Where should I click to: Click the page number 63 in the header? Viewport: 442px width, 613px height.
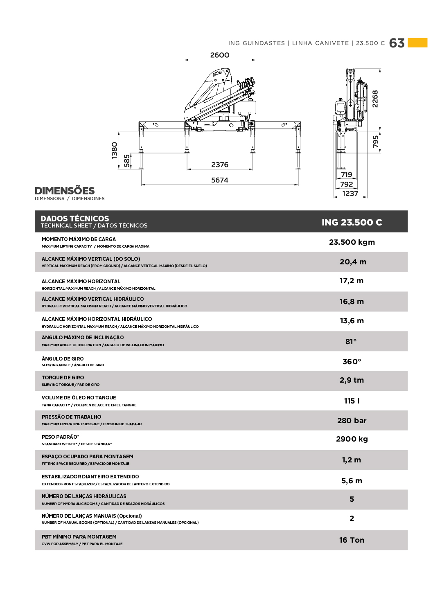pyautogui.click(x=397, y=43)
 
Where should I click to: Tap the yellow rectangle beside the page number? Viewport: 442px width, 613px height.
pyautogui.click(x=417, y=43)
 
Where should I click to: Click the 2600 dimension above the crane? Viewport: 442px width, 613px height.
pyautogui.click(x=220, y=55)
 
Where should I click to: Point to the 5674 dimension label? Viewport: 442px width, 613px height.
pyautogui.click(x=220, y=180)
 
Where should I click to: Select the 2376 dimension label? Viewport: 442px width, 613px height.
pyautogui.click(x=220, y=165)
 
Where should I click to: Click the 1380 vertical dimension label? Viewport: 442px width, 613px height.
pyautogui.click(x=115, y=150)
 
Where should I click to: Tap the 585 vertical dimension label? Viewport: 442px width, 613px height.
pyautogui.click(x=127, y=160)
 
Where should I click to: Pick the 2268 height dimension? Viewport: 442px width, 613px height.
pyautogui.click(x=375, y=99)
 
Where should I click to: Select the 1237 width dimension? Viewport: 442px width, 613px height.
pyautogui.click(x=350, y=194)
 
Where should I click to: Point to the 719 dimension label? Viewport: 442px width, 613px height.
pyautogui.click(x=346, y=175)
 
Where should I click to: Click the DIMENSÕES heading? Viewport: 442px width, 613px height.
pyautogui.click(x=65, y=191)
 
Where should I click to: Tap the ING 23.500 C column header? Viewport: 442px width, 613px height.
pyautogui.click(x=352, y=222)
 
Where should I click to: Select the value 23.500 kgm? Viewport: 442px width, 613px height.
pyautogui.click(x=352, y=242)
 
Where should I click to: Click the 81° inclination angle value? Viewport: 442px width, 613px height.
pyautogui.click(x=351, y=342)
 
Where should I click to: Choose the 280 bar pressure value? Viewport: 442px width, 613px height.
pyautogui.click(x=352, y=421)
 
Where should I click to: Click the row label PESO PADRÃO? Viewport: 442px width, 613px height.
pyautogui.click(x=60, y=437)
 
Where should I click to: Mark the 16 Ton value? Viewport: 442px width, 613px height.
pyautogui.click(x=352, y=540)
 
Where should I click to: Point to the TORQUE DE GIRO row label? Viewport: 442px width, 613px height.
pyautogui.click(x=63, y=378)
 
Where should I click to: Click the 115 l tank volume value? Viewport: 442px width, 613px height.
pyautogui.click(x=352, y=401)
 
